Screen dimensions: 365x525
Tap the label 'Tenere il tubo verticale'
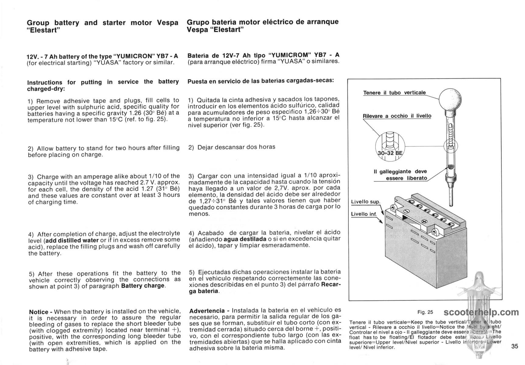[394, 92]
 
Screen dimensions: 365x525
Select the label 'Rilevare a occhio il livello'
[397, 116]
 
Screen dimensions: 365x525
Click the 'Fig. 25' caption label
[425, 312]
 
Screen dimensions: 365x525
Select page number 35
[515, 346]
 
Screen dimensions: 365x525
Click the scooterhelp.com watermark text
[481, 312]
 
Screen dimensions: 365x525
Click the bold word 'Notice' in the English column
[39, 312]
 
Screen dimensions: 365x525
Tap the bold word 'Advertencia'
[207, 311]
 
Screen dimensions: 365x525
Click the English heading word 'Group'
[38, 23]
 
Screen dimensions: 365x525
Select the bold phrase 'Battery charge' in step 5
[142, 286]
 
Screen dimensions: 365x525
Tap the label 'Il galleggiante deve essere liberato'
[400, 175]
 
